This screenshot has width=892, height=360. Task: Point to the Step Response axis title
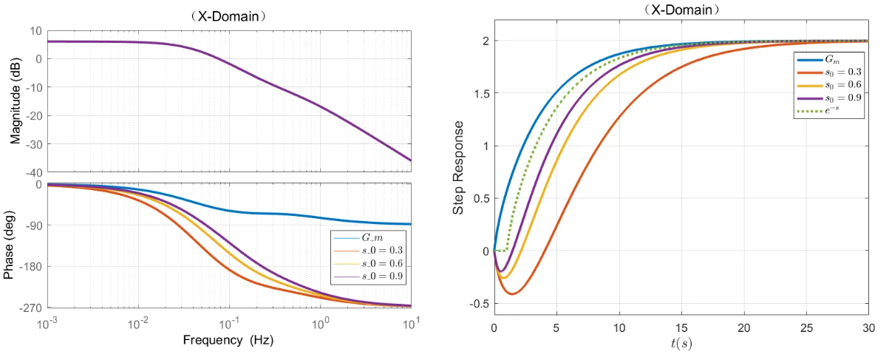click(459, 168)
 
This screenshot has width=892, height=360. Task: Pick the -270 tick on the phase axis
click(32, 307)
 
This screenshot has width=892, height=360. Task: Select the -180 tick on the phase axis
click(32, 266)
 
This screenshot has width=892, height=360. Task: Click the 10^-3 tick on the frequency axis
click(47, 323)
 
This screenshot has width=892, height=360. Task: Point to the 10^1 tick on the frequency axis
click(412, 323)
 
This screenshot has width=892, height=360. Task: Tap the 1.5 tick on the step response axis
click(480, 93)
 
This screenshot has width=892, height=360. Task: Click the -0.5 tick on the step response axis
click(478, 304)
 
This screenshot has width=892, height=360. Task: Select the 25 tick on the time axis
click(806, 327)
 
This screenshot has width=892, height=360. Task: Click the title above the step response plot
click(681, 10)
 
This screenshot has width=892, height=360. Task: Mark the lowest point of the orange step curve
click(512, 294)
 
